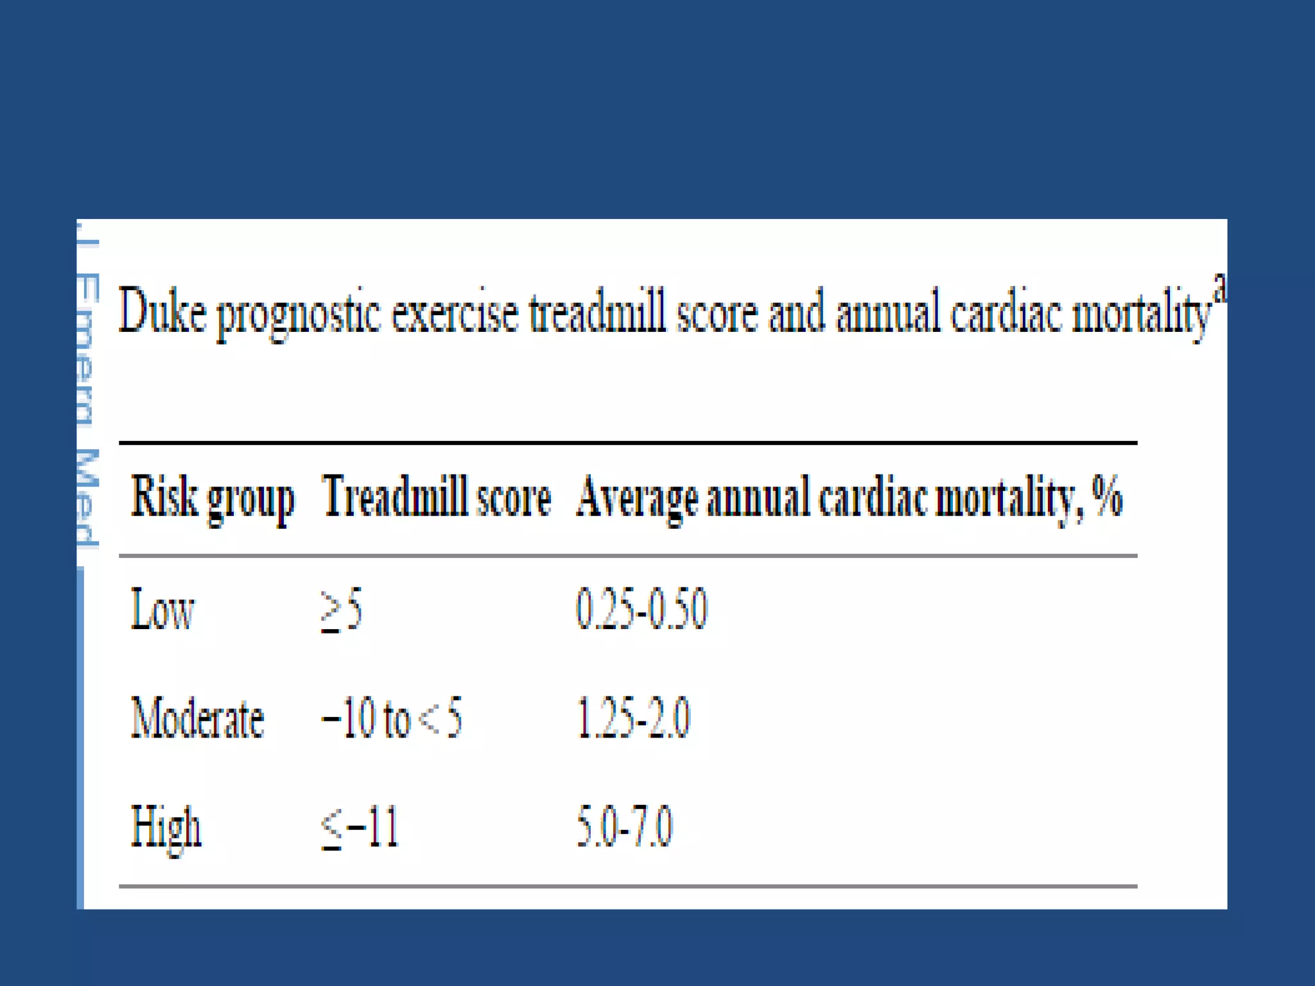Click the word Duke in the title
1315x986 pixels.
point(162,312)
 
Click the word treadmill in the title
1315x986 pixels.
point(597,312)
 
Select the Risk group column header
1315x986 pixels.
point(213,498)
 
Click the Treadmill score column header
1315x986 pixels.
point(436,497)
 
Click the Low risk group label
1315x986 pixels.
point(162,610)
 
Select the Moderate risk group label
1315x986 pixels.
point(197,718)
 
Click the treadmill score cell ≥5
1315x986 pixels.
point(342,610)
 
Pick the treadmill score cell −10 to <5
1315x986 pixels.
point(391,718)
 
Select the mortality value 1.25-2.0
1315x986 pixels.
point(632,718)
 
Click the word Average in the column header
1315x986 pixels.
point(636,498)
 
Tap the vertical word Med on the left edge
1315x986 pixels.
point(87,498)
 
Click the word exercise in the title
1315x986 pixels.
point(455,313)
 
